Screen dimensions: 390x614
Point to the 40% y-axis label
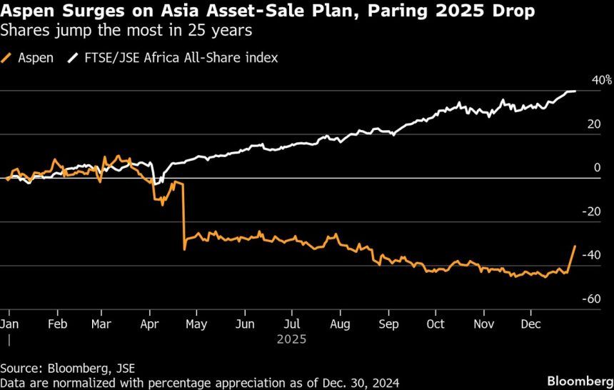[x=603, y=80]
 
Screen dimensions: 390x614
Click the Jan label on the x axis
[x=9, y=324]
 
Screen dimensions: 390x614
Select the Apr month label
[x=149, y=324]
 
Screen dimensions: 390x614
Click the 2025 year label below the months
[x=291, y=339]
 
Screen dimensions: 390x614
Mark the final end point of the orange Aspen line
[x=575, y=246]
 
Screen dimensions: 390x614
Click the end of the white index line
[x=575, y=91]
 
